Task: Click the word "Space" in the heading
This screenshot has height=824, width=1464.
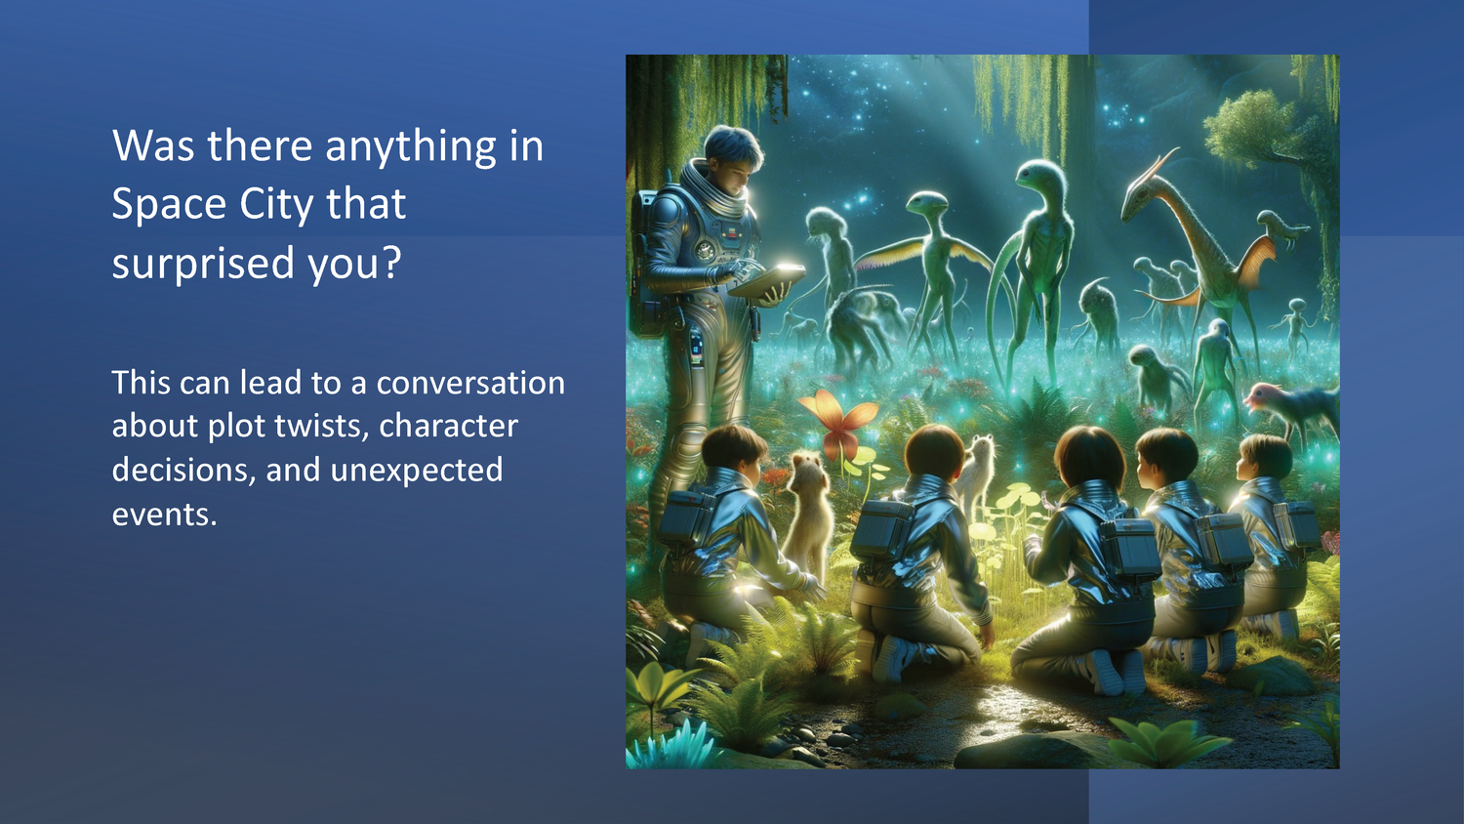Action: [x=169, y=204]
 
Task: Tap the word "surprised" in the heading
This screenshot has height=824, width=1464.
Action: [x=203, y=263]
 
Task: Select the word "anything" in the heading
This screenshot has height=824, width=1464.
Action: [x=411, y=147]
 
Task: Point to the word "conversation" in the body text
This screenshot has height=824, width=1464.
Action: [x=470, y=383]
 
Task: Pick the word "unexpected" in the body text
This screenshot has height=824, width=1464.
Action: [x=417, y=471]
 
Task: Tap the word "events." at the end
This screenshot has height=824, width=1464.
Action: [x=164, y=515]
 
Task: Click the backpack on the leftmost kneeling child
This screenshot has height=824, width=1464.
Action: [x=687, y=517]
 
